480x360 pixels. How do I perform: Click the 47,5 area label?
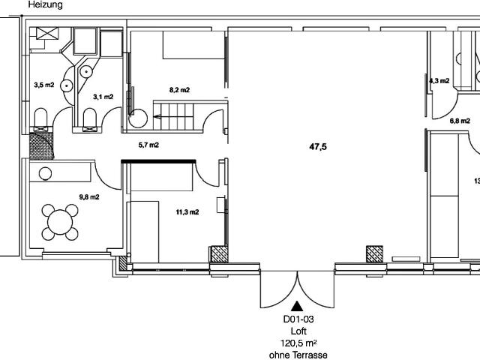318,147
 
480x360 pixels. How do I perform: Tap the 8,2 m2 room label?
179,90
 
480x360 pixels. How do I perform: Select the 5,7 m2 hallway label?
148,145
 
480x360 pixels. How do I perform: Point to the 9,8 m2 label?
89,197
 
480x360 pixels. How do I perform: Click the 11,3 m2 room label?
187,211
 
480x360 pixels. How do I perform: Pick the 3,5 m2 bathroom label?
44,85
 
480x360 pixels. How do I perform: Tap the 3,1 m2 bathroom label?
103,97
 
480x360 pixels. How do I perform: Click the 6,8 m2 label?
460,121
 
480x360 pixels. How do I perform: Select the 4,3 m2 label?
439,81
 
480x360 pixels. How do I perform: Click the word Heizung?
45,4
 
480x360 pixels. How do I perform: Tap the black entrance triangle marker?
297,307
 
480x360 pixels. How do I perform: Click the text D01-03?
298,319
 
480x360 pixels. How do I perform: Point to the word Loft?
298,331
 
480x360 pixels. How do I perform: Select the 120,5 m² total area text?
298,343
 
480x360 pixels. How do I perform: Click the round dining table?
60,222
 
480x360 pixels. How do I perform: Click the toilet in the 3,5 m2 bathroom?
40,117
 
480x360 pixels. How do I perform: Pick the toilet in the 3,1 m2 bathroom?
90,117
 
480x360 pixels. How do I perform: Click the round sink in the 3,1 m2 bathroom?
87,72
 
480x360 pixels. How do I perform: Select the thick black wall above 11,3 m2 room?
158,161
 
